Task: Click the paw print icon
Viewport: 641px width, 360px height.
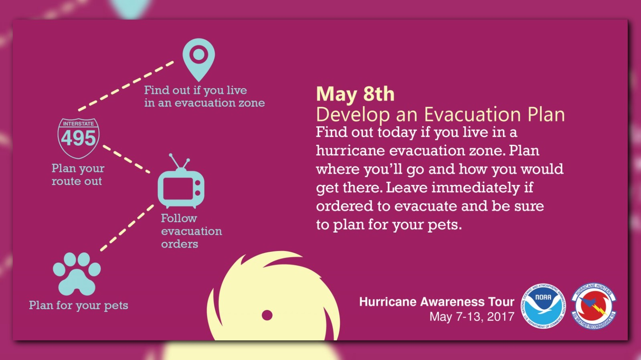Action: [x=77, y=274]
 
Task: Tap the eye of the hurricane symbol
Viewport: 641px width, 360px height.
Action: [x=267, y=316]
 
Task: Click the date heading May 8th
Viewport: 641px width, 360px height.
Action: [x=355, y=94]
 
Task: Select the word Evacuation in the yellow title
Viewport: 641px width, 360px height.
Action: [x=472, y=115]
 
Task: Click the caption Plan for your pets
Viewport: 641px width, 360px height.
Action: [x=79, y=305]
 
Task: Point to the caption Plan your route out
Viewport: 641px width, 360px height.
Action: [x=78, y=174]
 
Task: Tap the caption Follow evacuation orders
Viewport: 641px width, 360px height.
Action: [x=192, y=231]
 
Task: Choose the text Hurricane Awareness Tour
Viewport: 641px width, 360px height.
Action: [x=437, y=302]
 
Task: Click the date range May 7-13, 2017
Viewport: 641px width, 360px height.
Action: [x=472, y=317]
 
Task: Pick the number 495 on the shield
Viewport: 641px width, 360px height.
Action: [x=79, y=138]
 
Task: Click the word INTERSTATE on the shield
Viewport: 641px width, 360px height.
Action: [x=79, y=123]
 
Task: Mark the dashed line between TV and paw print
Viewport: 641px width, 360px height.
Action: [x=127, y=228]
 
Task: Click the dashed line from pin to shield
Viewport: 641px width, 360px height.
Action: [x=126, y=86]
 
